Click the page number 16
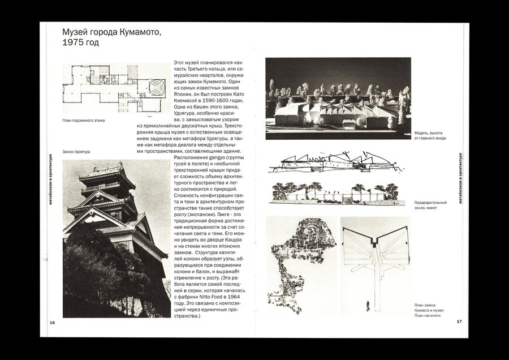52,322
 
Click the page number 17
459,322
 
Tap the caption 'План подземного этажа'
84,121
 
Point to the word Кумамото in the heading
136,31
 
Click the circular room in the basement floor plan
155,87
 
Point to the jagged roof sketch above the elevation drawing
334,165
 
